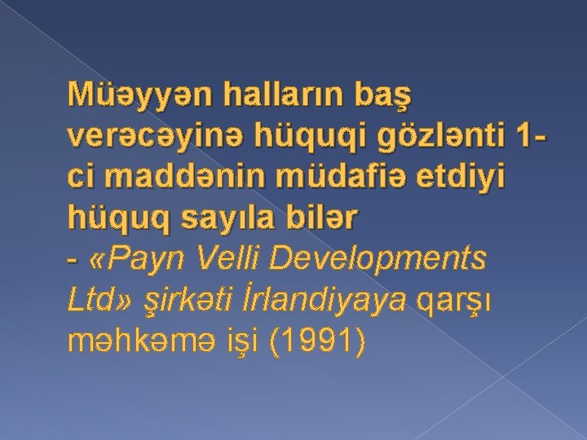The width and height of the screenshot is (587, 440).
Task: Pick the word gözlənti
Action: click(x=439, y=141)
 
